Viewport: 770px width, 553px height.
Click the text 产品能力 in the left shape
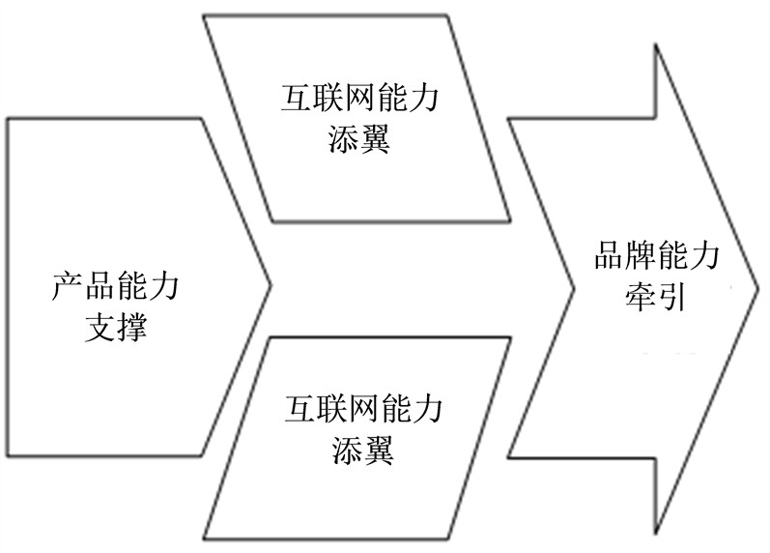(x=115, y=287)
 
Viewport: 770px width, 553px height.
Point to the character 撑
(x=131, y=327)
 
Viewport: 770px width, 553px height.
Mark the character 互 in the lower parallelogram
(x=299, y=410)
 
